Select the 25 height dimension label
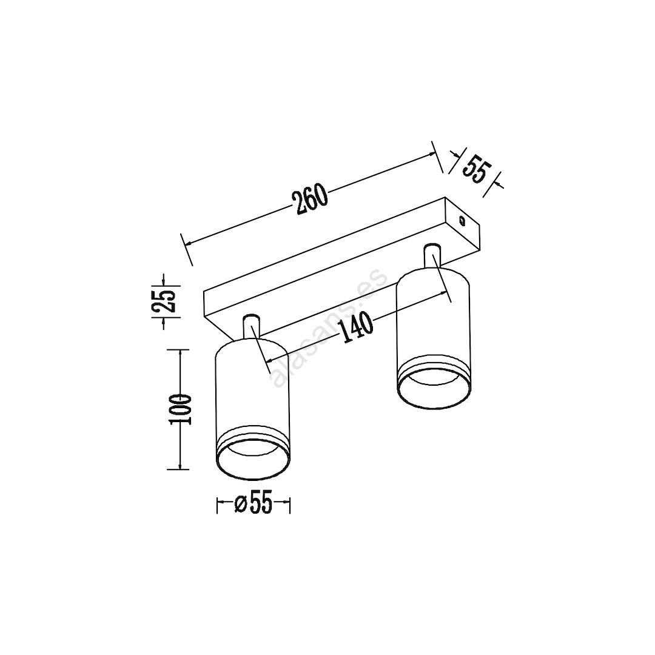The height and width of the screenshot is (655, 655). (163, 301)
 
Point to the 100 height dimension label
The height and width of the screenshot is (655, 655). (180, 409)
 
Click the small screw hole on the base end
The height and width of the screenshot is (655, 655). (462, 220)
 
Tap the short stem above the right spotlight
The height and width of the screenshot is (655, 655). (432, 254)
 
